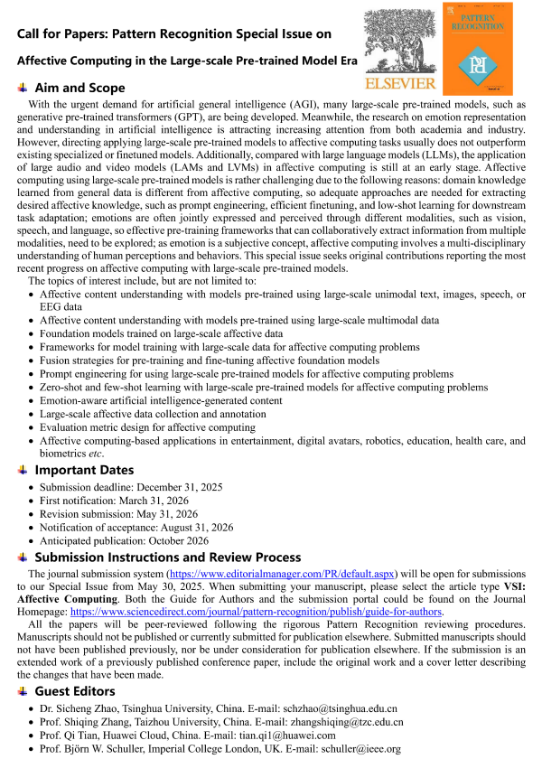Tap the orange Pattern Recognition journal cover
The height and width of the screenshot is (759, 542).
click(x=475, y=48)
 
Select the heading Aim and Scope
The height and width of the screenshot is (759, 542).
click(x=79, y=89)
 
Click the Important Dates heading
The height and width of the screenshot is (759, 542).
click(x=84, y=470)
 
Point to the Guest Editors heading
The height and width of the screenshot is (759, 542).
click(x=75, y=691)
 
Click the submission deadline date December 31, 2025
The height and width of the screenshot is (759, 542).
click(x=174, y=487)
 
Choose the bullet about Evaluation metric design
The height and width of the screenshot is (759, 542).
click(x=147, y=427)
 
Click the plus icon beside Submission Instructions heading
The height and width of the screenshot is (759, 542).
click(x=22, y=558)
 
